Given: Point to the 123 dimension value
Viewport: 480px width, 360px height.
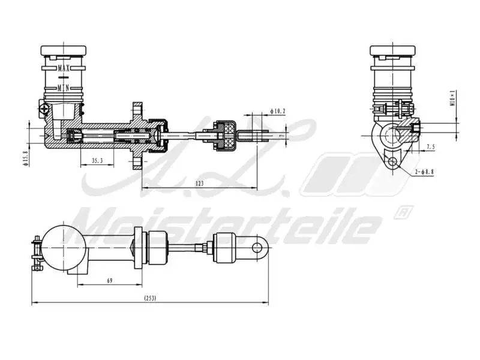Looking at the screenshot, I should (x=200, y=183).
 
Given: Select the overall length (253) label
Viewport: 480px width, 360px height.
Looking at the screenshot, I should (x=150, y=298).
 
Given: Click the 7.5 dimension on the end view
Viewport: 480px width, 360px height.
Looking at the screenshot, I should (x=431, y=147).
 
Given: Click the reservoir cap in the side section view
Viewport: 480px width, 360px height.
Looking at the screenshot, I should (x=63, y=50).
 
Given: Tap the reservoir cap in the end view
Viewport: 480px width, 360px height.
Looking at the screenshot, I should (x=392, y=50).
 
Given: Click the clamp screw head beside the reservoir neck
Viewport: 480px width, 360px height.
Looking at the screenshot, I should (x=43, y=109).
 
